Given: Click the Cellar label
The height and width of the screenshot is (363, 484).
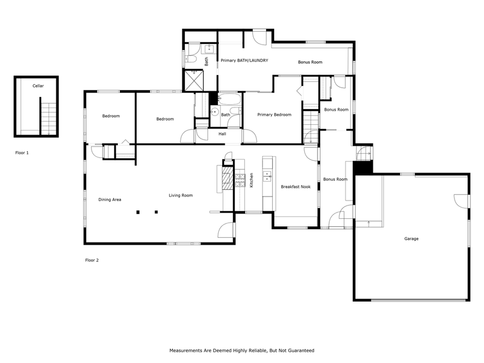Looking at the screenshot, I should point(38,86).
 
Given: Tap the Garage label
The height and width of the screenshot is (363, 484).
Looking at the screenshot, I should point(411,239).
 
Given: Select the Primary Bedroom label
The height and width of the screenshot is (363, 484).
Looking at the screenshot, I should point(274,115).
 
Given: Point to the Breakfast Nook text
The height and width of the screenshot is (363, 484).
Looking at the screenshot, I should point(296,187).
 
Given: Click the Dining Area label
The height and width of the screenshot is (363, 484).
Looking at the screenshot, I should point(110,200).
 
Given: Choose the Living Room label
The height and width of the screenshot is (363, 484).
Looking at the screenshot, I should point(181,195).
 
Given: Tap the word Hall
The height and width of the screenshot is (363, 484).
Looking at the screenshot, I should point(222,134).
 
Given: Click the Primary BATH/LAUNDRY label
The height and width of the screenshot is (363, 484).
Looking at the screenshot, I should point(244,61).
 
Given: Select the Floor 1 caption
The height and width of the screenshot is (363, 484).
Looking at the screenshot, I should point(22,153).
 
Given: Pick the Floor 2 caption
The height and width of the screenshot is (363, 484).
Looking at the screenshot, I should point(92,260).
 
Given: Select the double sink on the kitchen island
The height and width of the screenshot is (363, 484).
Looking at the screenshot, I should point(267,175).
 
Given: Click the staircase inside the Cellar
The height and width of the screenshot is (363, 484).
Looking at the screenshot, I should point(48,116).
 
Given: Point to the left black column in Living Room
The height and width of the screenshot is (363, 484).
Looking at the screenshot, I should point(138,212).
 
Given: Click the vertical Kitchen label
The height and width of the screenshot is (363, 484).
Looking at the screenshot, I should point(251,180).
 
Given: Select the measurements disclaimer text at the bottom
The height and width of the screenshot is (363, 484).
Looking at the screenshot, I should point(241,350).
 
